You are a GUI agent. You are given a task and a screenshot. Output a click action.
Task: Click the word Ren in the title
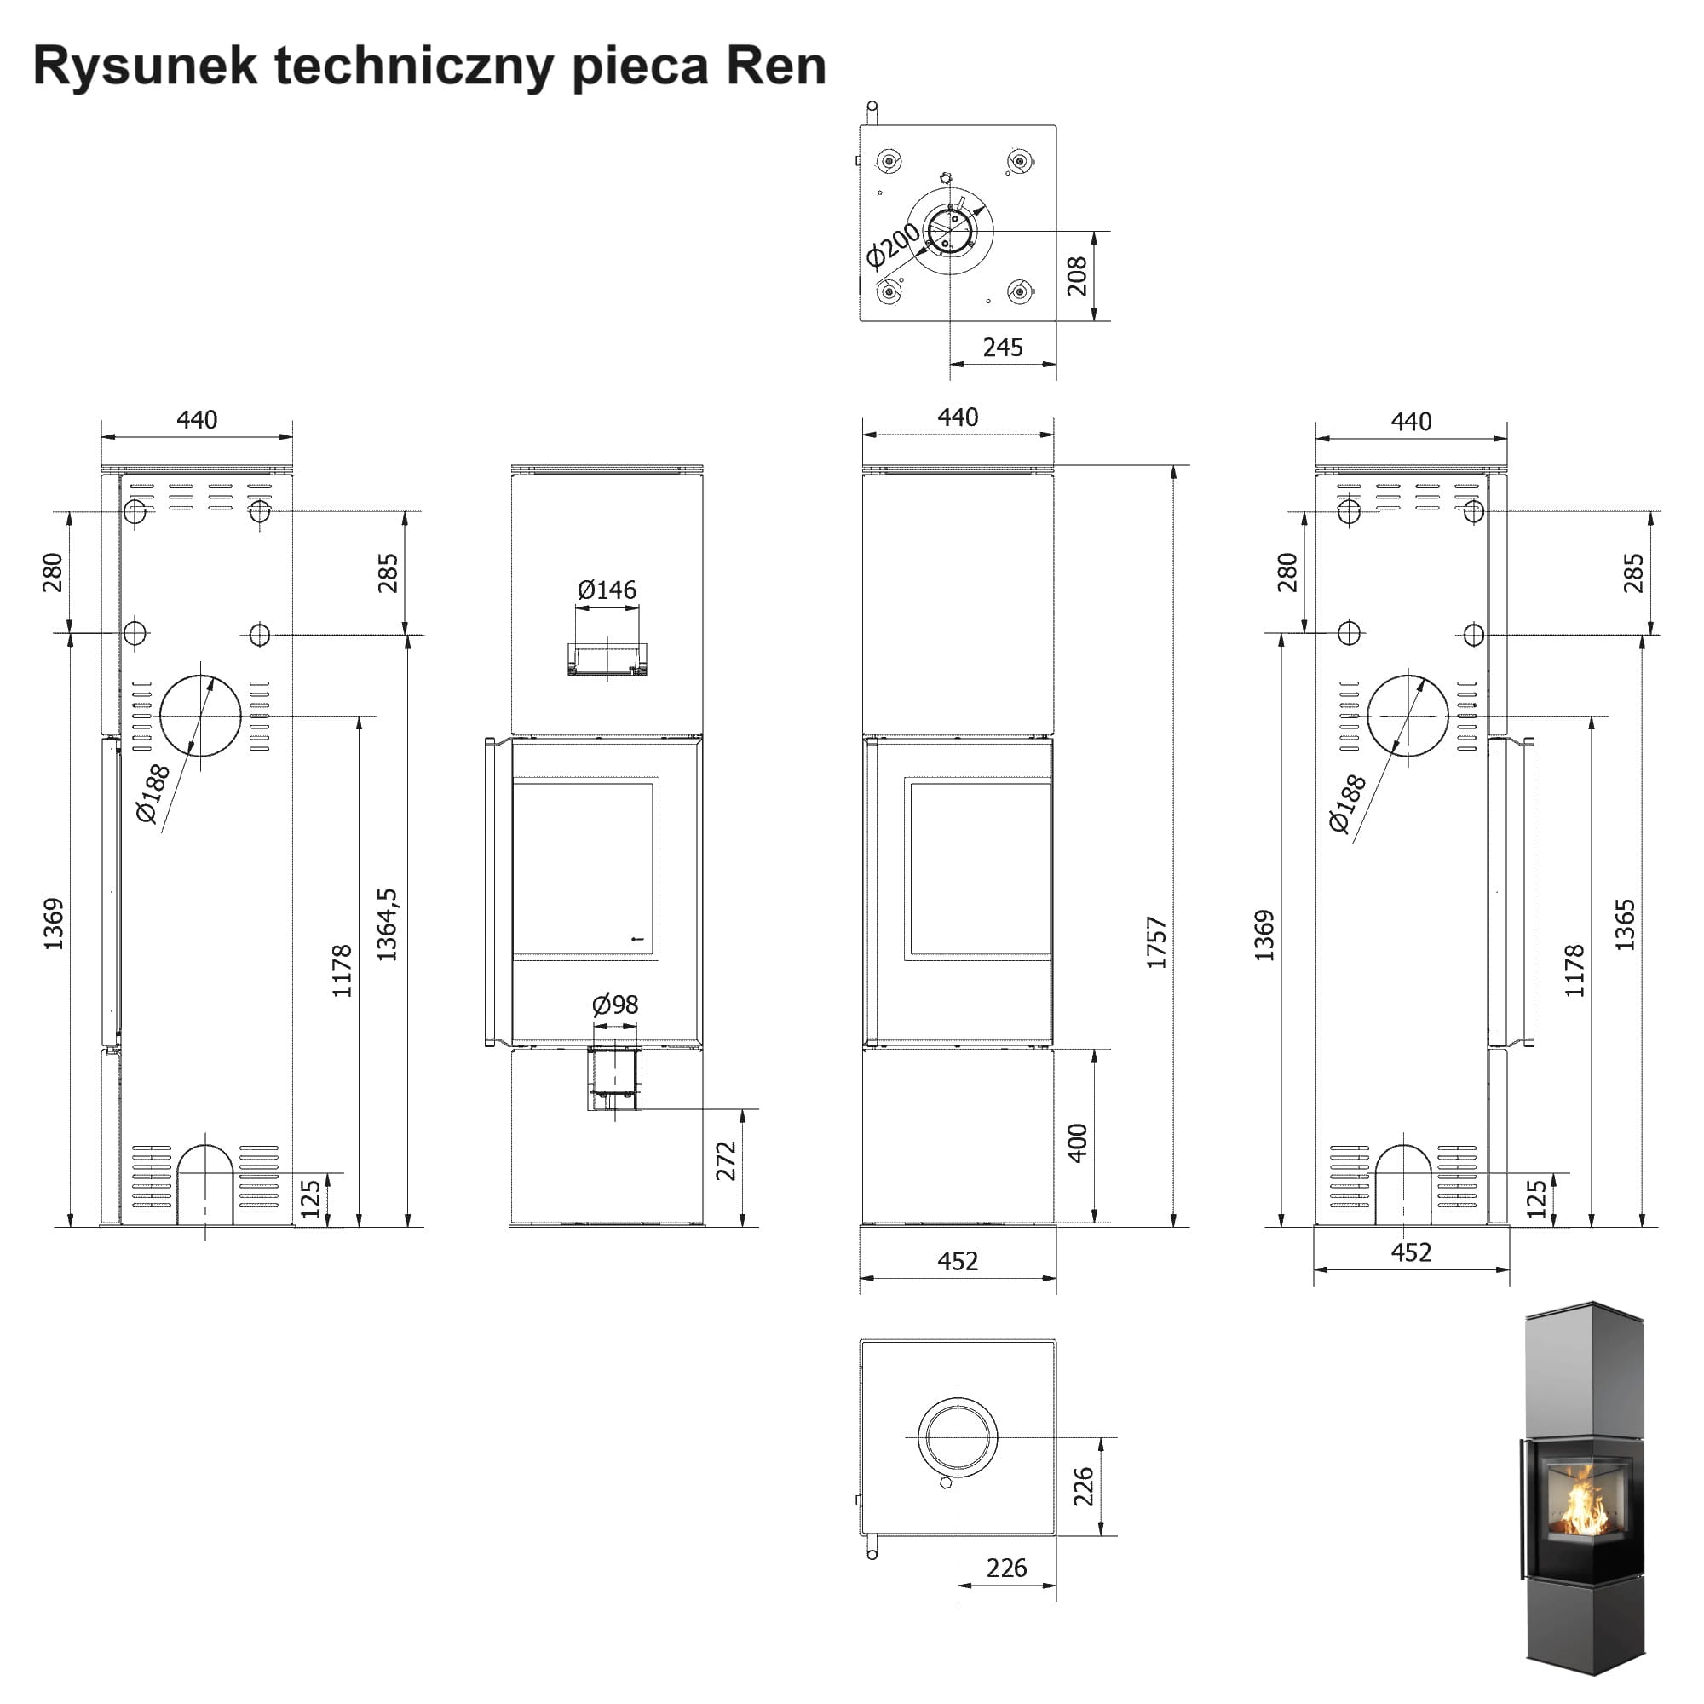tap(776, 66)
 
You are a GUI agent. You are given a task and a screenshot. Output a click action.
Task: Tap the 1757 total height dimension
tap(1156, 942)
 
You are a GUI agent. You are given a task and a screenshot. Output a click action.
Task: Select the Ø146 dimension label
tap(607, 590)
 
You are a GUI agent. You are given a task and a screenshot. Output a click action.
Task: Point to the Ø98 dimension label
tap(615, 1005)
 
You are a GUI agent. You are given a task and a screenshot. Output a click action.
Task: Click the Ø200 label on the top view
tap(892, 245)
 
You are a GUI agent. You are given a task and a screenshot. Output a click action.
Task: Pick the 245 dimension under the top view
tap(1003, 348)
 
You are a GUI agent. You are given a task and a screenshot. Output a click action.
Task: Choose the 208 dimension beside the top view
tap(1077, 276)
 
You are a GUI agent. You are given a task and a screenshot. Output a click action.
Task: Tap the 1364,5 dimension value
tap(387, 924)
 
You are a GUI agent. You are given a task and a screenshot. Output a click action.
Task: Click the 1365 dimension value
tap(1625, 924)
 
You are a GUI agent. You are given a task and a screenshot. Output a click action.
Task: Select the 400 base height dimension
tap(1077, 1143)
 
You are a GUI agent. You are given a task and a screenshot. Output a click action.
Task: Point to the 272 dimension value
tap(726, 1160)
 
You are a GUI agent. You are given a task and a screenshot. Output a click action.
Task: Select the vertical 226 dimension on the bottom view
tap(1083, 1486)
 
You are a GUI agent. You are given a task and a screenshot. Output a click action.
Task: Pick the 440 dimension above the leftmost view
tap(197, 420)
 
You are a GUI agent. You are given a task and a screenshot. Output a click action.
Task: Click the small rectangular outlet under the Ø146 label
tap(607, 659)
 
